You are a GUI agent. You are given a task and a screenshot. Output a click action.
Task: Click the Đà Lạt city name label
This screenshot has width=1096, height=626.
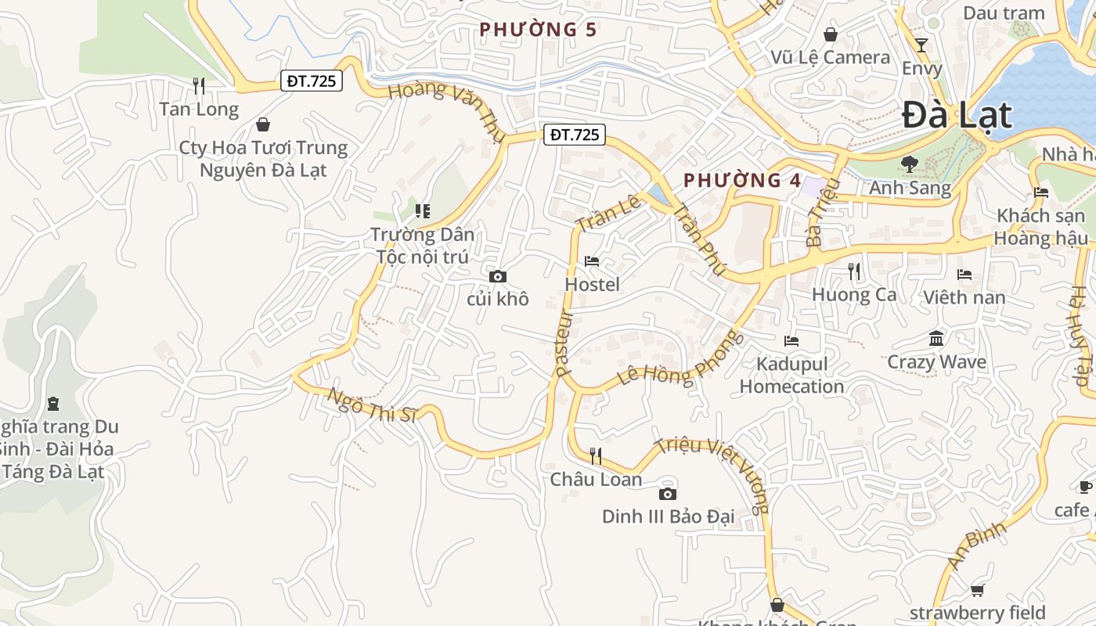tap(957, 116)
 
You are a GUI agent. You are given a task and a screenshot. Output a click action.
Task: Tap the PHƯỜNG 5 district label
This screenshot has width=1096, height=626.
tap(538, 30)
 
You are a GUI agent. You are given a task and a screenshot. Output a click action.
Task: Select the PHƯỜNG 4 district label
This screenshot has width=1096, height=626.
tap(742, 180)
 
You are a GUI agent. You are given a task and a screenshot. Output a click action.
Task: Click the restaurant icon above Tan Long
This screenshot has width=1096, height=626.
tap(199, 85)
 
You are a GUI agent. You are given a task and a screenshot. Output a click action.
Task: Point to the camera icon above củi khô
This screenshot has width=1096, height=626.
tap(497, 276)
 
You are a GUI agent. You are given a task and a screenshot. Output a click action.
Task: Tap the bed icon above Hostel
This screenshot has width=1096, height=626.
tap(592, 261)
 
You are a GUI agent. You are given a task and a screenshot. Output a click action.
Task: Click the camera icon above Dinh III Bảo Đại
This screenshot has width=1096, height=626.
tap(667, 494)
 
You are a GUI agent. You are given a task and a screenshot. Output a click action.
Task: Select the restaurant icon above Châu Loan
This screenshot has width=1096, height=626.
tap(596, 455)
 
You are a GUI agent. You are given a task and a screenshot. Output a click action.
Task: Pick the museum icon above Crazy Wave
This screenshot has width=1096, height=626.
tap(936, 339)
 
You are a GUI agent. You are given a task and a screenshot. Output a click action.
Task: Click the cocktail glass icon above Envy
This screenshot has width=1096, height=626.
tap(921, 45)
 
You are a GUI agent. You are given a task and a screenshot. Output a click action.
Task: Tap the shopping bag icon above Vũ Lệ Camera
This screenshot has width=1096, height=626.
tap(830, 34)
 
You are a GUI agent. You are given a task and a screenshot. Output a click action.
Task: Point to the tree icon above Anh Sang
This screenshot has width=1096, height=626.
tap(909, 164)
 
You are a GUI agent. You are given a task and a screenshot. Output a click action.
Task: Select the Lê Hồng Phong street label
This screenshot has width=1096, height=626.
tap(679, 359)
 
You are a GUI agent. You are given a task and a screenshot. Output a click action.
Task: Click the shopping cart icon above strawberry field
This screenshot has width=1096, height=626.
tap(977, 590)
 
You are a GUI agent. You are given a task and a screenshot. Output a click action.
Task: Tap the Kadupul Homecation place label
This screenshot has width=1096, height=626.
tap(791, 376)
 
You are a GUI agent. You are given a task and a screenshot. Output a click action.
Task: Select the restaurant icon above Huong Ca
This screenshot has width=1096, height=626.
tap(854, 272)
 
